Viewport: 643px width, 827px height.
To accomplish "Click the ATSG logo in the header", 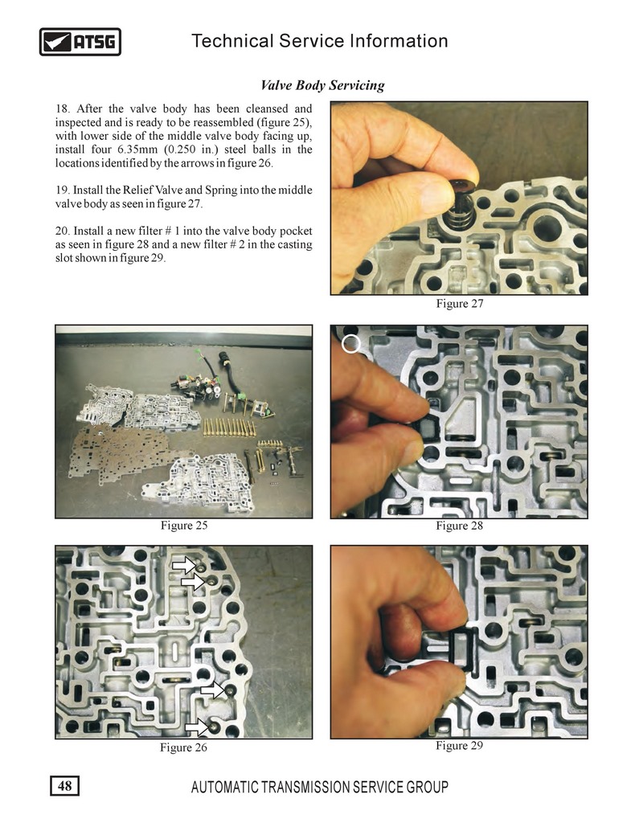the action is (x=80, y=42).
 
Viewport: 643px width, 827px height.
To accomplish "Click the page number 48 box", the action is (x=65, y=786).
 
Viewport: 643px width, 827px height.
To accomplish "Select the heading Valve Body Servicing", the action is (x=322, y=85).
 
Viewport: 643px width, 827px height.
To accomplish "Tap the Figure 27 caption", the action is (x=460, y=303).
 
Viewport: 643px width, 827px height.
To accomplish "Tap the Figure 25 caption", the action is (x=184, y=526).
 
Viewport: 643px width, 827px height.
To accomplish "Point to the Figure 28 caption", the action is (x=460, y=526).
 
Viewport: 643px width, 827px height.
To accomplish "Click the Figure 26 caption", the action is (x=183, y=747).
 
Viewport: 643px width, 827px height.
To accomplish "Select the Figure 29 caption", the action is (x=460, y=745).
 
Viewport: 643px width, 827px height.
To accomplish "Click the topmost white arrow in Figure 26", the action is (x=184, y=566).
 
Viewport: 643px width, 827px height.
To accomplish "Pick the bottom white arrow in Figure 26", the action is (x=196, y=727).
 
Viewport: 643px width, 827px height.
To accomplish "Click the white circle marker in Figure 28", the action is (x=350, y=344).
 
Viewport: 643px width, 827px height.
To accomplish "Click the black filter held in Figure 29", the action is (x=463, y=649).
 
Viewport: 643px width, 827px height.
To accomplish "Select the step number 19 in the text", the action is (x=62, y=190).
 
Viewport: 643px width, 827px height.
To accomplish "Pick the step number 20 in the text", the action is (x=62, y=231).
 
